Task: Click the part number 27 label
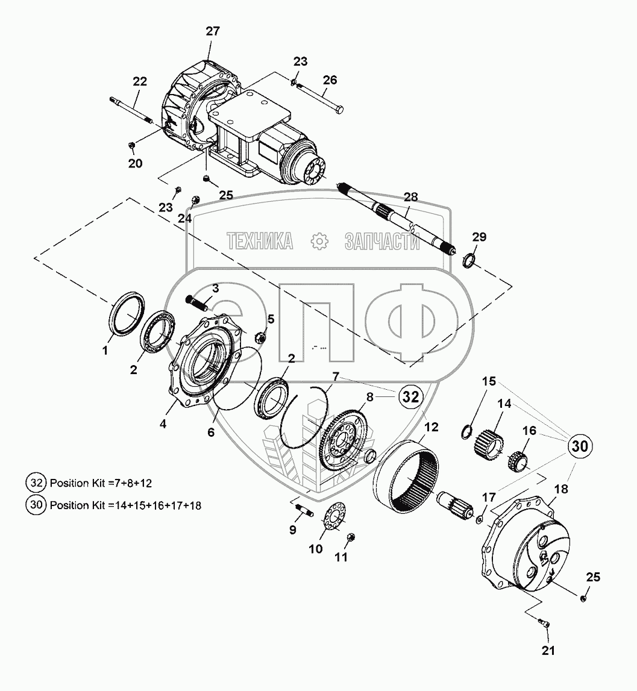click(x=213, y=31)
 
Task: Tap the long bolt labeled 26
click(x=321, y=98)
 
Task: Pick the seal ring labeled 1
click(x=128, y=313)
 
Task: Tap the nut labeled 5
click(x=260, y=338)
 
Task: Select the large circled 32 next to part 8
click(x=411, y=397)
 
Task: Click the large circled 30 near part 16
click(x=580, y=446)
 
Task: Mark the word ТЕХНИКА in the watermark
click(x=260, y=241)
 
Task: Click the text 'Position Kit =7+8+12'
click(x=101, y=483)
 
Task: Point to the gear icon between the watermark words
click(x=319, y=241)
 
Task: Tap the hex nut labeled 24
click(x=195, y=201)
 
